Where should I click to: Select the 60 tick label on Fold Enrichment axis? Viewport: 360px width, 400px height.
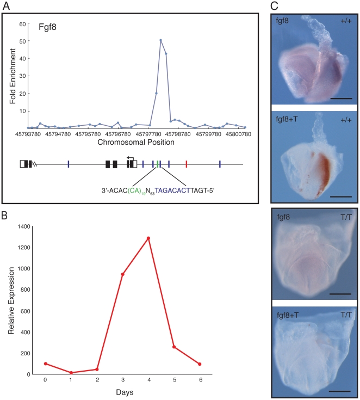coord(23,24)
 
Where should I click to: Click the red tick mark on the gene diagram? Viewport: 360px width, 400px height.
coord(186,163)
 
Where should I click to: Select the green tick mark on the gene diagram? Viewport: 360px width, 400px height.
coord(157,163)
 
